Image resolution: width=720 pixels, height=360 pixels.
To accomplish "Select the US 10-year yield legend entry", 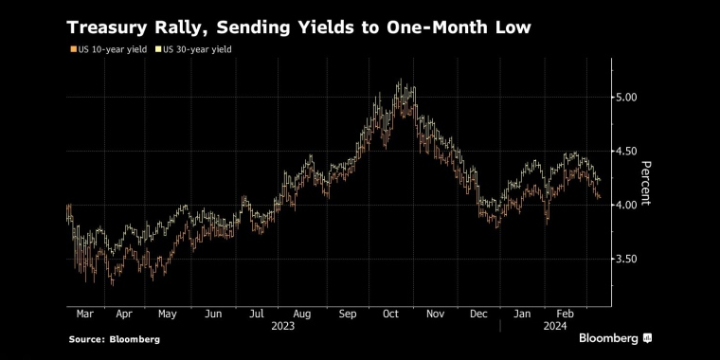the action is click(108, 49).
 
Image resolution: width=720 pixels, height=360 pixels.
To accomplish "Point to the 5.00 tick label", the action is click(628, 97).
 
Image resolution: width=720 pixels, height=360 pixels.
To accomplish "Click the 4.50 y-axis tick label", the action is click(628, 151).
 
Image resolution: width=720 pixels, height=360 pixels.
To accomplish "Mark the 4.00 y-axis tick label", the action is click(628, 205).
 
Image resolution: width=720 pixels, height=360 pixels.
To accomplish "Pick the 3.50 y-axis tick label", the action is click(628, 259).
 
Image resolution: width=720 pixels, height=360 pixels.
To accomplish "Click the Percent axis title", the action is click(646, 183).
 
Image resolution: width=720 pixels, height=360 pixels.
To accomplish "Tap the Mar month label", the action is click(84, 315).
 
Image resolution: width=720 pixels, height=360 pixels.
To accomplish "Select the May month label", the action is click(167, 315).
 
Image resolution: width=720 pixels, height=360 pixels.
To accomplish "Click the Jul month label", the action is click(256, 315).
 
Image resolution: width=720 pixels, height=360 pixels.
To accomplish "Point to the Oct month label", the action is click(390, 315).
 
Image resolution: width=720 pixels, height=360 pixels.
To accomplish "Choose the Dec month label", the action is click(478, 315).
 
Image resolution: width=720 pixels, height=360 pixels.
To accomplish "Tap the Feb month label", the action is click(566, 315).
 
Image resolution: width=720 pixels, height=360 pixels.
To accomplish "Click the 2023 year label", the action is click(283, 327).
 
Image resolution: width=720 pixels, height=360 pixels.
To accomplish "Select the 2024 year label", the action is click(555, 327).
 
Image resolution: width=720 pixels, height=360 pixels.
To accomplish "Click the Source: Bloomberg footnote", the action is click(115, 340).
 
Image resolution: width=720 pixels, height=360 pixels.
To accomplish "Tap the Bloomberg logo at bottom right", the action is click(615, 339).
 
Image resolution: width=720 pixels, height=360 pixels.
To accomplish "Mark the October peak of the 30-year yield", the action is click(401, 80).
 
